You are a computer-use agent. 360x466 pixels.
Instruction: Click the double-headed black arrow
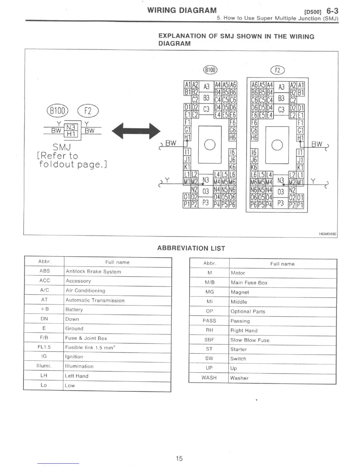click(x=136, y=131)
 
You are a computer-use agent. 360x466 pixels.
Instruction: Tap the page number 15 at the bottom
click(x=179, y=458)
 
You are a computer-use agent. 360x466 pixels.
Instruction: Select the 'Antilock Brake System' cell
click(x=94, y=272)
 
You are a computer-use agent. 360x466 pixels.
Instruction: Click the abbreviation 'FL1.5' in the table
click(x=44, y=347)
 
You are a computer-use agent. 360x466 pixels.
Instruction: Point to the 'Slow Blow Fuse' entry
click(x=250, y=340)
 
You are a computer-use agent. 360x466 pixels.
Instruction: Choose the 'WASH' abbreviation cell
click(x=209, y=378)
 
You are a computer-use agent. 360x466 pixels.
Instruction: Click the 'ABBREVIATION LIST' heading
click(x=191, y=248)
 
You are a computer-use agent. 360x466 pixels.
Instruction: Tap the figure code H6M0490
click(x=327, y=234)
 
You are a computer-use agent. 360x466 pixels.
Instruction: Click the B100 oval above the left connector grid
click(x=210, y=70)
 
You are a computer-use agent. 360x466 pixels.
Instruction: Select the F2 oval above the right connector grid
click(x=277, y=70)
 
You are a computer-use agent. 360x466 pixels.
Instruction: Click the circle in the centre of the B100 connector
click(x=210, y=144)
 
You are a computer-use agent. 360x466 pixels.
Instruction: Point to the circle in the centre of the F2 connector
click(x=277, y=145)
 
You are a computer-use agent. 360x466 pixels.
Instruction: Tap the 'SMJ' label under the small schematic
click(x=62, y=147)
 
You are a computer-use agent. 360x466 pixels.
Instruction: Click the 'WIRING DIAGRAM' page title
click(x=182, y=11)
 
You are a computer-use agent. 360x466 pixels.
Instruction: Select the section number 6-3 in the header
click(x=332, y=11)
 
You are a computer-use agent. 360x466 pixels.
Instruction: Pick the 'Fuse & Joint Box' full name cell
click(x=86, y=338)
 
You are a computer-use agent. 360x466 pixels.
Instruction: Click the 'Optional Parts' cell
click(x=248, y=312)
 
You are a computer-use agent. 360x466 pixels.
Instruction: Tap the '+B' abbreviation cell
click(x=45, y=309)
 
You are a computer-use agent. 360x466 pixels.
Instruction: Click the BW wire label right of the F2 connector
click(x=317, y=144)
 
